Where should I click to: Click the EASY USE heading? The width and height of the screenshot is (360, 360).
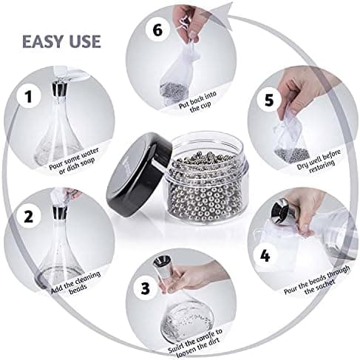(61, 41)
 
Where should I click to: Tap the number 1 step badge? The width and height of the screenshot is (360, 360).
(29, 96)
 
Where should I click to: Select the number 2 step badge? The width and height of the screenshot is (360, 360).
(29, 217)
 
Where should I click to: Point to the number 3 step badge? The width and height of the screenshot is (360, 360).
(146, 288)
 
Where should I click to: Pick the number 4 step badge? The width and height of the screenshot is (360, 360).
(265, 257)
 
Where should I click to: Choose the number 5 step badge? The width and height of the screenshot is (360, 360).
(269, 101)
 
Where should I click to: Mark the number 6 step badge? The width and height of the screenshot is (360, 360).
(157, 30)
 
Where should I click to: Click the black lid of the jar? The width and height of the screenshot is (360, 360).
(138, 174)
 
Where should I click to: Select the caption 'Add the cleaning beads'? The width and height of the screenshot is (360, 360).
(76, 282)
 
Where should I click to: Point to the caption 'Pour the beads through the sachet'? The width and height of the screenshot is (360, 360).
(317, 280)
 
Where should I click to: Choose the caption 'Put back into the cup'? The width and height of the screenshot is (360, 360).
(199, 102)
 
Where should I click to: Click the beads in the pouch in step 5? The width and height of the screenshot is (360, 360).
(293, 154)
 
